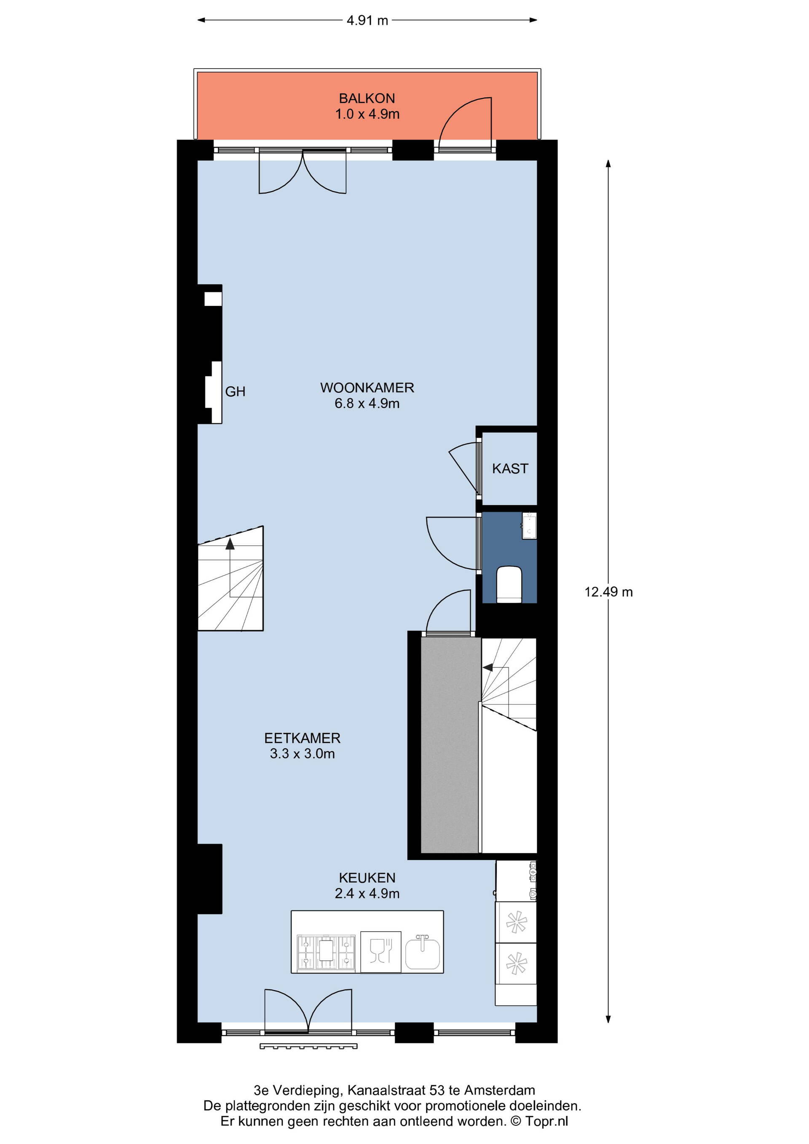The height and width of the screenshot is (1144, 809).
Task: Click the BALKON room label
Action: (367, 98)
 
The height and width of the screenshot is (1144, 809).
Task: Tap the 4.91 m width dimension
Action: (367, 20)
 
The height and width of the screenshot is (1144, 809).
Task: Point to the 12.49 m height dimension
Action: (608, 592)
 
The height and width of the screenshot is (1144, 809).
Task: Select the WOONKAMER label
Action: (367, 387)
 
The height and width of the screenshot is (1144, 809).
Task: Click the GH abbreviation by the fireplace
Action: (235, 391)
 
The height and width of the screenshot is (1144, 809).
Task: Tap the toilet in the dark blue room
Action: (509, 584)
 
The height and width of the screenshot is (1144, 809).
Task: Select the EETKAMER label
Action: (303, 738)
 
